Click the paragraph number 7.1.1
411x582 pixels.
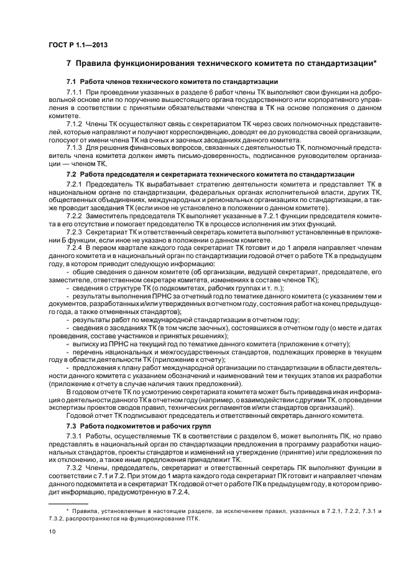point(75,91)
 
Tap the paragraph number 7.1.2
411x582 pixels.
point(75,123)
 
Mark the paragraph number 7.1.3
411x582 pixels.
point(75,147)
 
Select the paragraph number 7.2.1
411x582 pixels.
point(75,185)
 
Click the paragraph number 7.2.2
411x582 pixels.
point(75,216)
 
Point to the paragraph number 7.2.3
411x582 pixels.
point(75,231)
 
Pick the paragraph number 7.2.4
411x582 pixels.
point(75,247)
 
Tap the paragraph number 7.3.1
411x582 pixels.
point(75,437)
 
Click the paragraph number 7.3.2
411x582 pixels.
point(75,468)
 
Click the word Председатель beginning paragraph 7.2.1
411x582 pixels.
point(110,185)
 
